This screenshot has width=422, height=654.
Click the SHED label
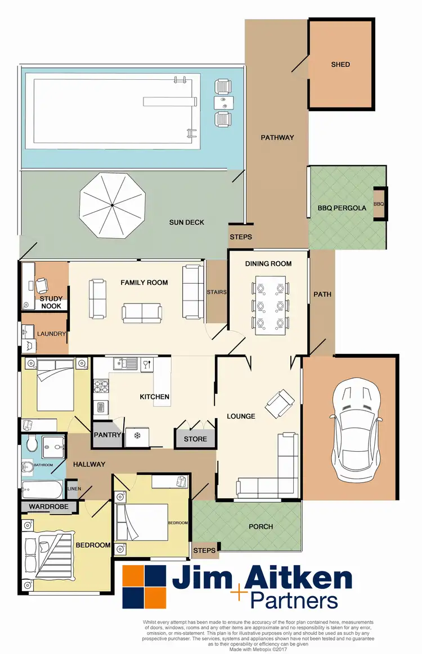(x=340, y=65)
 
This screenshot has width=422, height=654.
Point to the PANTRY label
(x=107, y=435)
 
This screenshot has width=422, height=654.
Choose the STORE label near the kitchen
(x=195, y=439)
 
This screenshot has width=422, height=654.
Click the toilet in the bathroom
(x=32, y=444)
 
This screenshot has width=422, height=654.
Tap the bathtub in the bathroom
(x=43, y=490)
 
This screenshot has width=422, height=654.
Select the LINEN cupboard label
(x=74, y=489)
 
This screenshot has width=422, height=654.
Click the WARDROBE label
(x=48, y=507)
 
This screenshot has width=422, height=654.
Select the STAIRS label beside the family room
(x=217, y=292)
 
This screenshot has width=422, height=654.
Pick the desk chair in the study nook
(x=42, y=286)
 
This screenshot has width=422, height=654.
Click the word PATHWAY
(x=277, y=138)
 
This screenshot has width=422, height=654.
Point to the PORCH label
(x=261, y=526)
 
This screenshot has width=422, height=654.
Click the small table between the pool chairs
(x=223, y=102)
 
